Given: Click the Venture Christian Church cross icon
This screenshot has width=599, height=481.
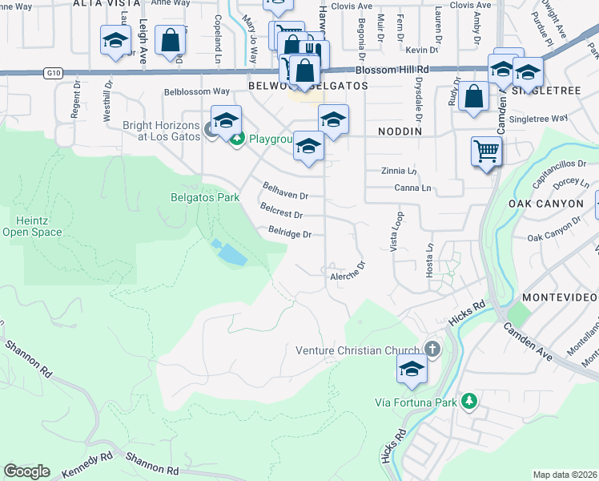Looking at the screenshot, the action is (432, 349).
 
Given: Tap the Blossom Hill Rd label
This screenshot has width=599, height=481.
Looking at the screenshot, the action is (392, 70).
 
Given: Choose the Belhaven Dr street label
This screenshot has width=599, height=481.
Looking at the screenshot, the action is (286, 191).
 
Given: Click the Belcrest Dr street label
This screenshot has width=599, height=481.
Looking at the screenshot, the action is (281, 213).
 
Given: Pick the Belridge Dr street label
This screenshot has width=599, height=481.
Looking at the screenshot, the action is (289, 234).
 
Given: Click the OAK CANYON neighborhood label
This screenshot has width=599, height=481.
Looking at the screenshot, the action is (546, 204).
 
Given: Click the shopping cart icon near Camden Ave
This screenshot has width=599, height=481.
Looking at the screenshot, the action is (487, 150).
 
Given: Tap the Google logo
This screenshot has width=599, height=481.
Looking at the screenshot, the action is (26, 471).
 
